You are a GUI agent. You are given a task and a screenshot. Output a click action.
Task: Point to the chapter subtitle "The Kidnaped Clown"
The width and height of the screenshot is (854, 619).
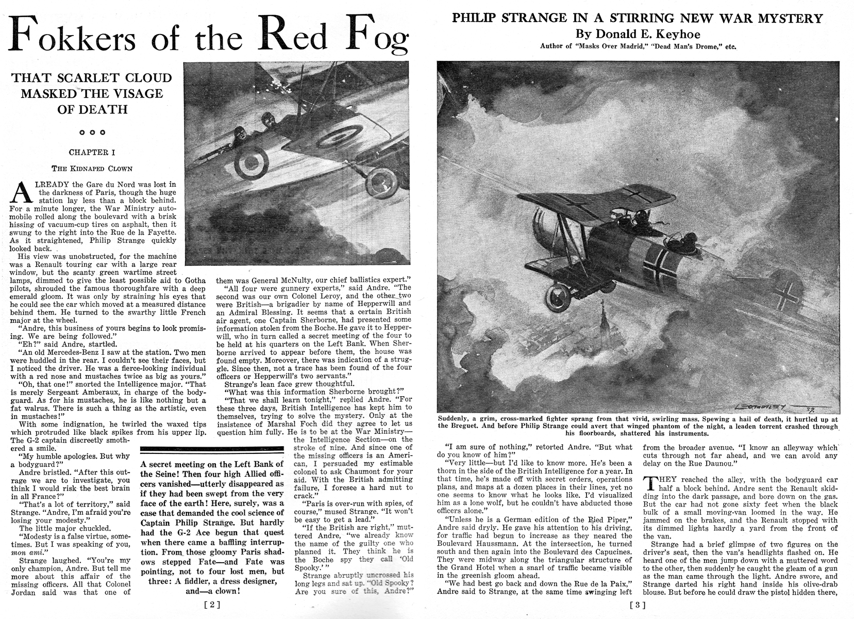click(92, 168)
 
